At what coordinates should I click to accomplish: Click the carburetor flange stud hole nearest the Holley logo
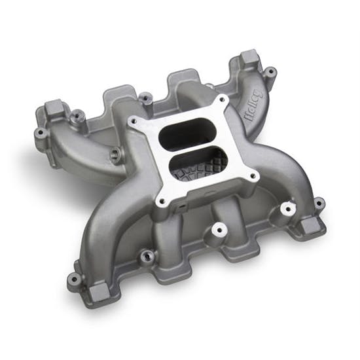click(223, 100)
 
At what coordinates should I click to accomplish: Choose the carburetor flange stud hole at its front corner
click(160, 201)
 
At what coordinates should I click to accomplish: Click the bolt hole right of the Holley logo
click(268, 71)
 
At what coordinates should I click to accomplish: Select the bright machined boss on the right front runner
click(285, 209)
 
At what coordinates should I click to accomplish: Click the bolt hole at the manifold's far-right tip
click(319, 202)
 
